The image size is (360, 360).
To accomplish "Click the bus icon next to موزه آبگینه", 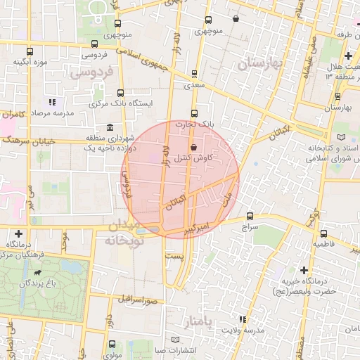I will click(x=30, y=51).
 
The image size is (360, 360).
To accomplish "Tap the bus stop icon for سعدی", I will click(x=194, y=74).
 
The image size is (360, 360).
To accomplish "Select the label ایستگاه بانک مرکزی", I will click(x=121, y=103).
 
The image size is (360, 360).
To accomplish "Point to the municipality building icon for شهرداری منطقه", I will click(x=110, y=127).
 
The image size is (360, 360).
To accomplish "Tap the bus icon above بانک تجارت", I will click(x=195, y=113).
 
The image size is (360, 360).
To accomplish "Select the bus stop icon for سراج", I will click(x=250, y=216).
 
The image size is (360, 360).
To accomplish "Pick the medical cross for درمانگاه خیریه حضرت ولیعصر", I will click(x=304, y=269).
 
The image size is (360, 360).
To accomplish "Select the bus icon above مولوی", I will click(x=113, y=344).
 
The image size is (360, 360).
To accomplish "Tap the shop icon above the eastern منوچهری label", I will click(x=235, y=19).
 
